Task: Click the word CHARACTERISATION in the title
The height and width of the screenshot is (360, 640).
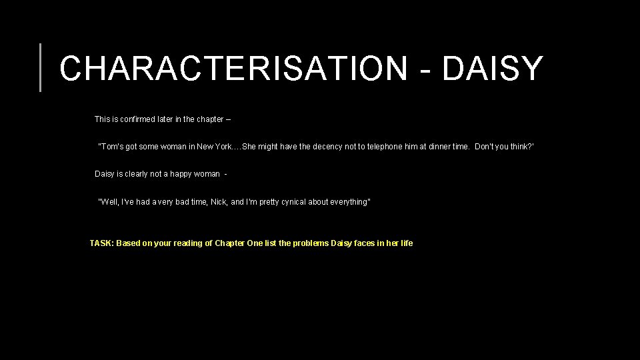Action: coord(233,68)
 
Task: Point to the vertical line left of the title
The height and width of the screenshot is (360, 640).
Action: coord(41,67)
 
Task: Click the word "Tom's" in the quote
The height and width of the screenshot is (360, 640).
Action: coord(111,147)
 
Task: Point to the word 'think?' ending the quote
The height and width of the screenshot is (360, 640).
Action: coord(521,147)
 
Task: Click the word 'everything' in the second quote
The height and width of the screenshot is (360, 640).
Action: coord(349,202)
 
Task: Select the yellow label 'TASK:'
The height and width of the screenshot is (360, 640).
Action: coord(101,243)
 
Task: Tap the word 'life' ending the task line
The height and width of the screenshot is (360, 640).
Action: coord(405,243)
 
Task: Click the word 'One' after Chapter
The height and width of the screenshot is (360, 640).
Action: coord(255,243)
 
